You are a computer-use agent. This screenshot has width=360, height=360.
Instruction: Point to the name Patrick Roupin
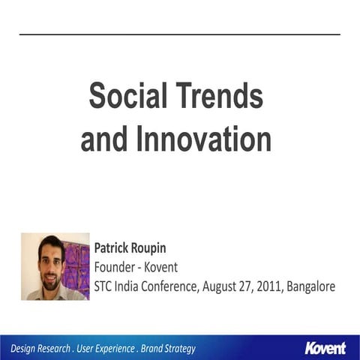coord(129,247)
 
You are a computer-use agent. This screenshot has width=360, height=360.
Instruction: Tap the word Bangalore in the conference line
coord(307,286)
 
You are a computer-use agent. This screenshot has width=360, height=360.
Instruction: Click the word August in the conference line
coord(218,286)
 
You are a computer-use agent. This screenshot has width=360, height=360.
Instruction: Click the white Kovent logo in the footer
coord(325,348)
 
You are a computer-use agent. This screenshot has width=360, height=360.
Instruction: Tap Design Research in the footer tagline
coord(40,349)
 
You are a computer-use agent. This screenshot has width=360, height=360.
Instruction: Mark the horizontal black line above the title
coord(180,34)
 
